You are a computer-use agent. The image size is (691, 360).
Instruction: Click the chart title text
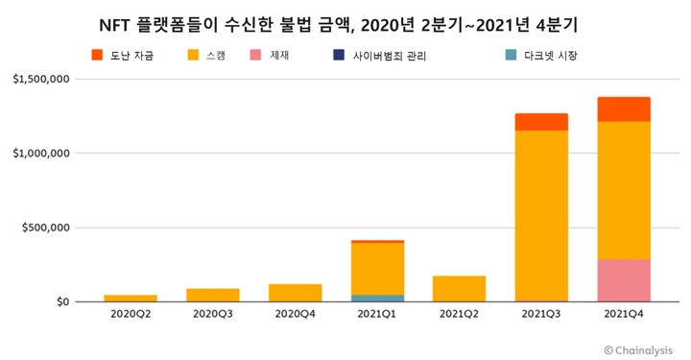(345, 22)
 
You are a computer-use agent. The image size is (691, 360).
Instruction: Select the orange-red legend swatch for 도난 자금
(96, 56)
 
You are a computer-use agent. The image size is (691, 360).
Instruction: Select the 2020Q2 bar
(131, 298)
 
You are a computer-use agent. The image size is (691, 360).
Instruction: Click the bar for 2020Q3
(213, 295)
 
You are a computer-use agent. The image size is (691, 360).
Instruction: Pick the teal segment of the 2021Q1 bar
(377, 298)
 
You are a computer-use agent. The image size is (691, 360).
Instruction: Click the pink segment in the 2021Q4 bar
(624, 280)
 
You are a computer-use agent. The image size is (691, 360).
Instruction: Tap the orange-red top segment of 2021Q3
(541, 122)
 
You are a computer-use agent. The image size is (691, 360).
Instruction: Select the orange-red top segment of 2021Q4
(624, 109)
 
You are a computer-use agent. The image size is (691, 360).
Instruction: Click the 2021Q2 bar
(460, 289)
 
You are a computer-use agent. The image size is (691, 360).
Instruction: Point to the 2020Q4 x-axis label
(295, 314)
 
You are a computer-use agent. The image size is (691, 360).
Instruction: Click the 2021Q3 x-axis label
(541, 314)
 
